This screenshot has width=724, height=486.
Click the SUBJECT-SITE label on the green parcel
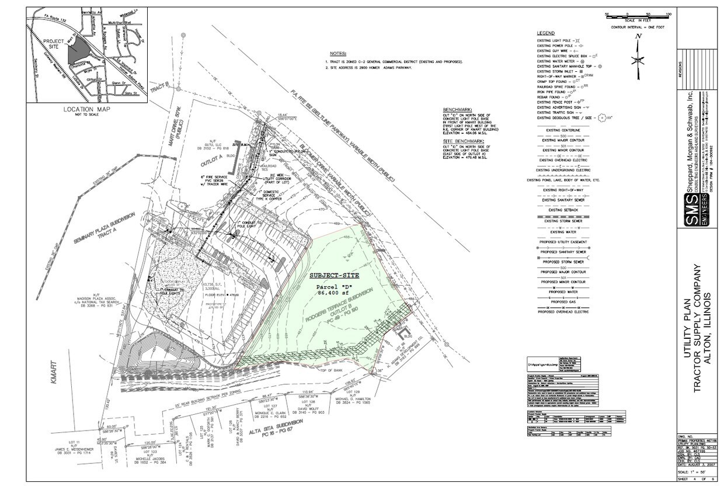[x=334, y=275]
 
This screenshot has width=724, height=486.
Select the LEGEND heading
[x=546, y=33]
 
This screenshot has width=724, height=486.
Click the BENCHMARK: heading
[x=460, y=110]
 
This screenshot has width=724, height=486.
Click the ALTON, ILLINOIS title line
[x=713, y=331]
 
